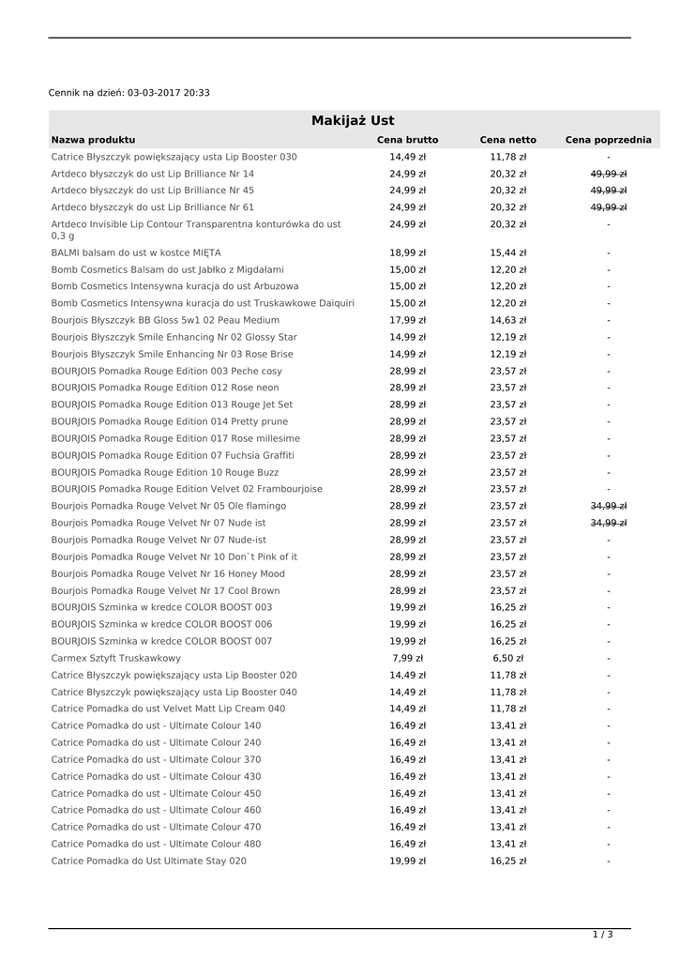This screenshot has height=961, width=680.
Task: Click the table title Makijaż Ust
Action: coord(353,121)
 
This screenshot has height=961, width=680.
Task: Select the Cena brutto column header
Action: coord(407,140)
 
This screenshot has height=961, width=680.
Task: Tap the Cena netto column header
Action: coord(507,140)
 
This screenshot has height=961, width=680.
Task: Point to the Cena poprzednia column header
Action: coord(608,140)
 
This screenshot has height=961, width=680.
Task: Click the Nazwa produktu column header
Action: coord(93,140)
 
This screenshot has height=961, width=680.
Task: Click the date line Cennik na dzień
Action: coord(129,93)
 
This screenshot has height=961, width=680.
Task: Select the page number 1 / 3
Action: coord(602,935)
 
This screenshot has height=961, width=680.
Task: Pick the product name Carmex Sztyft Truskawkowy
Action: coord(116,659)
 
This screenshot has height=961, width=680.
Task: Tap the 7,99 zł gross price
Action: coord(407,659)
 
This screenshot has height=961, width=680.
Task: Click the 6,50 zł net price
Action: coord(507,659)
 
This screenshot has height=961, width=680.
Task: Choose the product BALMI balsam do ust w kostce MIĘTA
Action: coord(136,252)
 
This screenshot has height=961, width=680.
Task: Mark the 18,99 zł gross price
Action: coord(407,252)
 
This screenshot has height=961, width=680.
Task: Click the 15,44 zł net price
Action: coord(507,252)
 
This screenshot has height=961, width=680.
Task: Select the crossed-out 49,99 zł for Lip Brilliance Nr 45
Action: coord(608,191)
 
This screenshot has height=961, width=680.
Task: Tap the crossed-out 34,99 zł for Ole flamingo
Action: coord(608,506)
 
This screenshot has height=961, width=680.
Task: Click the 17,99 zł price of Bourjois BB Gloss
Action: coord(407,320)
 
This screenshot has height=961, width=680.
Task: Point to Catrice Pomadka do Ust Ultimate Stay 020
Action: coord(149,861)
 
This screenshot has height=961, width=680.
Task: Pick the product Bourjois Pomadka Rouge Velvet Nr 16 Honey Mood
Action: coord(168,573)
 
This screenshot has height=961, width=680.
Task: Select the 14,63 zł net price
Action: coord(507,320)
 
